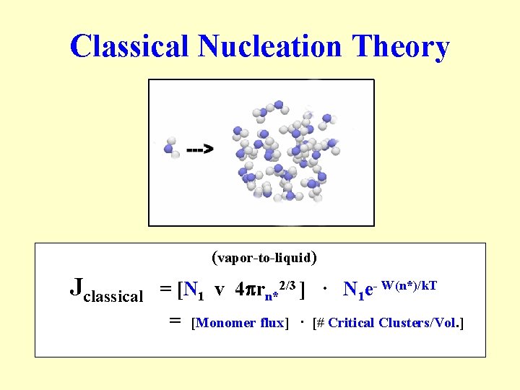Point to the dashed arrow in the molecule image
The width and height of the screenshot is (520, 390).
click(x=199, y=150)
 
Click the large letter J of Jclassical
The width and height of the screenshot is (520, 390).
click(x=77, y=287)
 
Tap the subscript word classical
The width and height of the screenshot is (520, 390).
click(x=113, y=296)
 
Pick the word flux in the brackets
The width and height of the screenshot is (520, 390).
click(x=272, y=323)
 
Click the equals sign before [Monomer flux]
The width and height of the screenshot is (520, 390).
click(x=174, y=321)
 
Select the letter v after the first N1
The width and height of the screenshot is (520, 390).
click(x=219, y=290)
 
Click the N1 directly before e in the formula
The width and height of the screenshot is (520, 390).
click(x=353, y=290)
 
